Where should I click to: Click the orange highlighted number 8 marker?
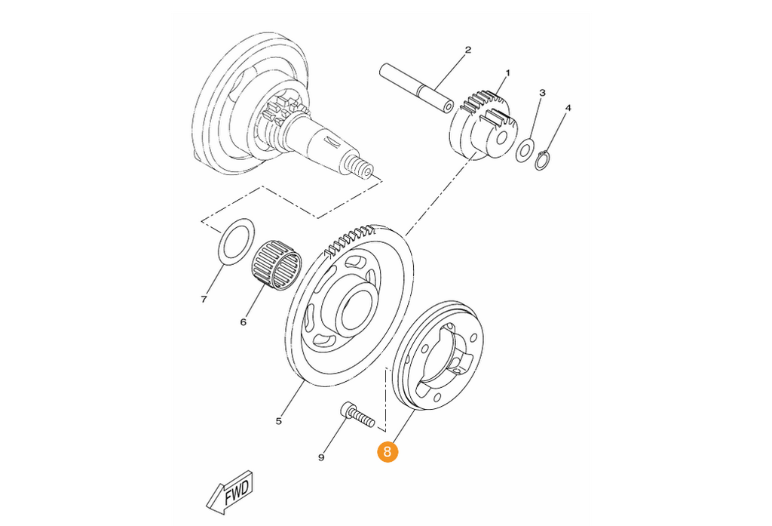[x=387, y=451]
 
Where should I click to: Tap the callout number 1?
[x=507, y=73]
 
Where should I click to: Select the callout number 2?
[x=467, y=49]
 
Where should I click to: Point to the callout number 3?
[x=542, y=93]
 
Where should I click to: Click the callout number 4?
[x=568, y=108]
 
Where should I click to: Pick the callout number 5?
[x=279, y=421]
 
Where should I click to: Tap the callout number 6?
[x=243, y=322]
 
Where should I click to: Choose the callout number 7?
[x=204, y=300]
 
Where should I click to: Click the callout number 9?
[x=321, y=457]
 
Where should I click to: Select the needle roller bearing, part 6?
[x=277, y=265]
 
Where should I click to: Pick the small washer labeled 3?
[x=525, y=150]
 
